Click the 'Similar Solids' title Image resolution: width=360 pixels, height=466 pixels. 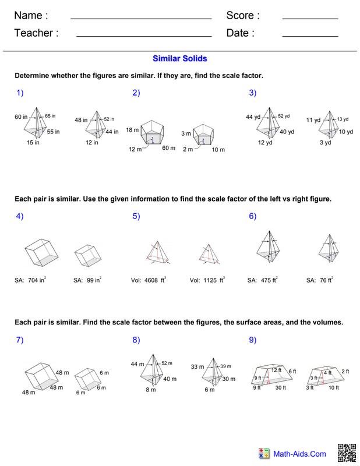179,59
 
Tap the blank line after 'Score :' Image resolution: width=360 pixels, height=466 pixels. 310,19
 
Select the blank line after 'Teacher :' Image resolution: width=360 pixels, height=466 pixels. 144,37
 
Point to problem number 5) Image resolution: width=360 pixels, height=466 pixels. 136,216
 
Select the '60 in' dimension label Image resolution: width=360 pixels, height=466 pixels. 21,118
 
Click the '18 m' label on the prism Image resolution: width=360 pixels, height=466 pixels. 132,130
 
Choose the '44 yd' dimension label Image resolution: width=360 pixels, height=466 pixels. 253,117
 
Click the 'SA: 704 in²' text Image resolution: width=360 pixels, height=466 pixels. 30,280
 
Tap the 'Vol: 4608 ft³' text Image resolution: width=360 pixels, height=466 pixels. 149,280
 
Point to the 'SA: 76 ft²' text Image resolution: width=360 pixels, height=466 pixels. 320,280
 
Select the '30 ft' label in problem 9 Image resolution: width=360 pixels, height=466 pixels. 280,387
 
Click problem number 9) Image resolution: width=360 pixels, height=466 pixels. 253,340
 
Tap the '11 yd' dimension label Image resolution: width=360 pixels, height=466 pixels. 313,121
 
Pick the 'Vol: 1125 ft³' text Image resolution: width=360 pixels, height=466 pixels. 207,280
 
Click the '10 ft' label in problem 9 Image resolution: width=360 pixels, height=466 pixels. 333,387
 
